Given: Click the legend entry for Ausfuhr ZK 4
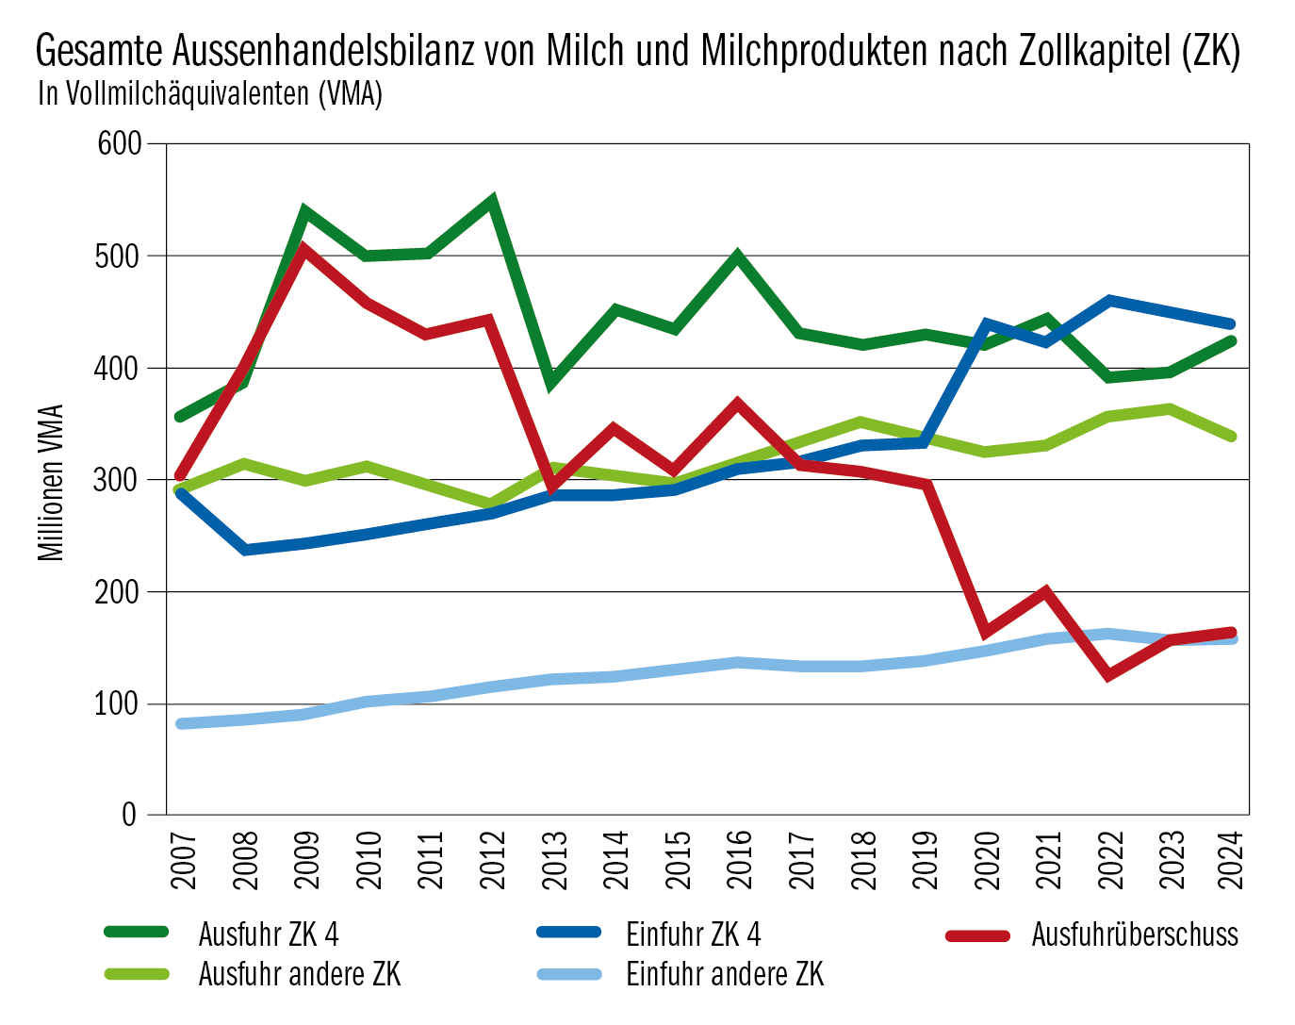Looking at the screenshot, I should point(268,934).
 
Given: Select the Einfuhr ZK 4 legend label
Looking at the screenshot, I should point(693,934).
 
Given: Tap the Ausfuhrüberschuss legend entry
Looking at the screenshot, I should point(1134,934).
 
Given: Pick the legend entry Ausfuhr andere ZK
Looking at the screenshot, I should point(299,974).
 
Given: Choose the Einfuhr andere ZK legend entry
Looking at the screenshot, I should point(724,974).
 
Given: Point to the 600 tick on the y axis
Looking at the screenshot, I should point(119,144).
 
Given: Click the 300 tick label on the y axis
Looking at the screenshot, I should point(119,480).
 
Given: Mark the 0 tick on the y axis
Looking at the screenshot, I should point(130,816).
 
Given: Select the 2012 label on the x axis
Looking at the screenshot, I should point(493,859).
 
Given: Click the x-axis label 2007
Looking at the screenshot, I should point(183,859).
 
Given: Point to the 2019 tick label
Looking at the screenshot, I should point(926,859).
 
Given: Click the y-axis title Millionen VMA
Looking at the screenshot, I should point(51,483).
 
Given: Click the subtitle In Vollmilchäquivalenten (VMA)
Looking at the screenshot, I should point(209,94).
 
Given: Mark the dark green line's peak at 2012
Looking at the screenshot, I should point(491,201).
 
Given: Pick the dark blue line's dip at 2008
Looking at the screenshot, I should point(245,550).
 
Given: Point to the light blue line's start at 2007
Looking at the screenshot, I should point(182,723).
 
